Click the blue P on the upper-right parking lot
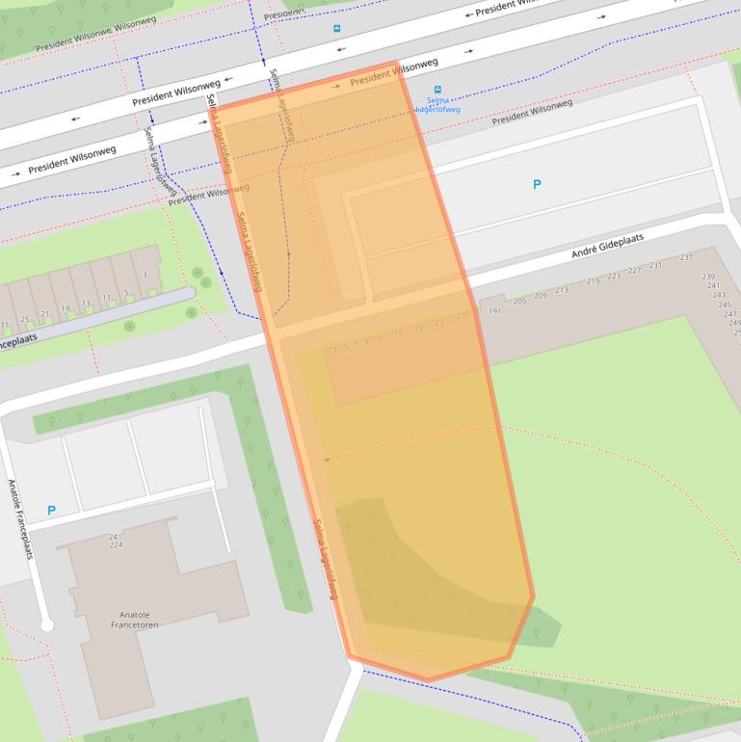[x=537, y=185]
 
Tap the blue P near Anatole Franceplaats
[x=51, y=511]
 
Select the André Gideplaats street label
[x=607, y=246]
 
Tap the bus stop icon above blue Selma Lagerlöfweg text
[x=438, y=90]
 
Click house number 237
[x=686, y=257]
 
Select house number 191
[x=495, y=311]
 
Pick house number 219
[x=593, y=281]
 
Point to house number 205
[x=519, y=302]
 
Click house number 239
[x=709, y=277]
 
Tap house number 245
[x=724, y=305]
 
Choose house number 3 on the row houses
[x=145, y=276]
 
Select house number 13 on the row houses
[x=86, y=304]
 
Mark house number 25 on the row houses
[x=25, y=319]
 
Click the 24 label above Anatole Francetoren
[x=113, y=537]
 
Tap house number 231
[x=655, y=265]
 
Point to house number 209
[x=541, y=296]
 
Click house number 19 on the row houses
[x=66, y=308]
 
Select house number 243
[x=719, y=295]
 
